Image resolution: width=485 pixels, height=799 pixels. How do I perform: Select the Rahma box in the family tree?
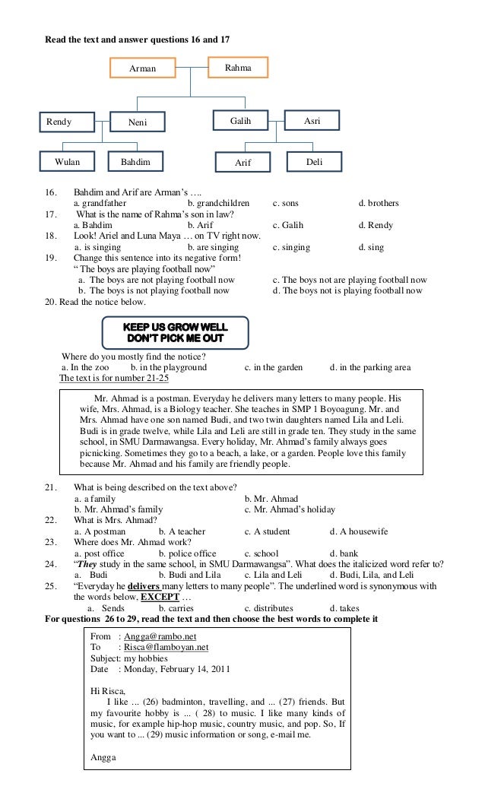[238, 68]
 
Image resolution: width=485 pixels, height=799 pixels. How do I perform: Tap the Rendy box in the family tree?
[66, 122]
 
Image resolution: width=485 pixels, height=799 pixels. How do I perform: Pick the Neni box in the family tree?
[138, 122]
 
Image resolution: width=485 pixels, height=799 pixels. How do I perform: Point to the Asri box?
[312, 120]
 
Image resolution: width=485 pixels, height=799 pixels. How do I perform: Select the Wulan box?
[67, 162]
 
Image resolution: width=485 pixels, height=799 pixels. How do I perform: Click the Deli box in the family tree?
[314, 162]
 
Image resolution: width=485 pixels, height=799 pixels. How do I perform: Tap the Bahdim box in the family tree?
[135, 162]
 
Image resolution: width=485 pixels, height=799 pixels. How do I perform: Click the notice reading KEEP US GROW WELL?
[176, 332]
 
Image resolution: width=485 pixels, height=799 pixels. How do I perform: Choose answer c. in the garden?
[274, 367]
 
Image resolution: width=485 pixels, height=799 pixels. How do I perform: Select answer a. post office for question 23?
[100, 553]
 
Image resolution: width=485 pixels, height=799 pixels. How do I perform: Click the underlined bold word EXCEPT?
[160, 597]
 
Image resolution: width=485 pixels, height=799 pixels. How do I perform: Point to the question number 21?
[52, 487]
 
